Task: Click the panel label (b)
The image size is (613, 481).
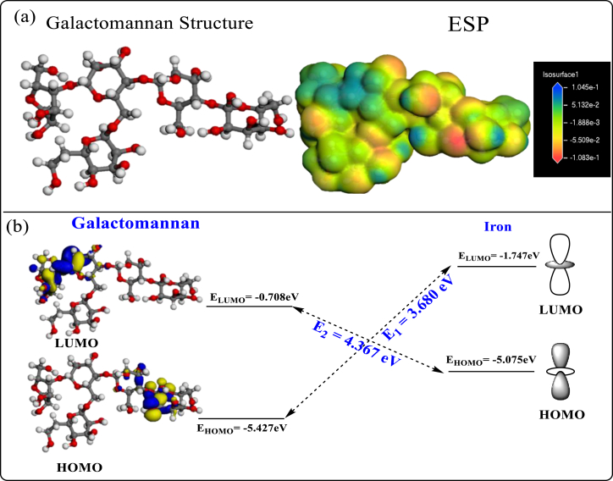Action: pos(25,227)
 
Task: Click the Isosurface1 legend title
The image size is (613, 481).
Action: pos(563,75)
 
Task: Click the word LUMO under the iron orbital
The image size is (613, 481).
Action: pos(561,309)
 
